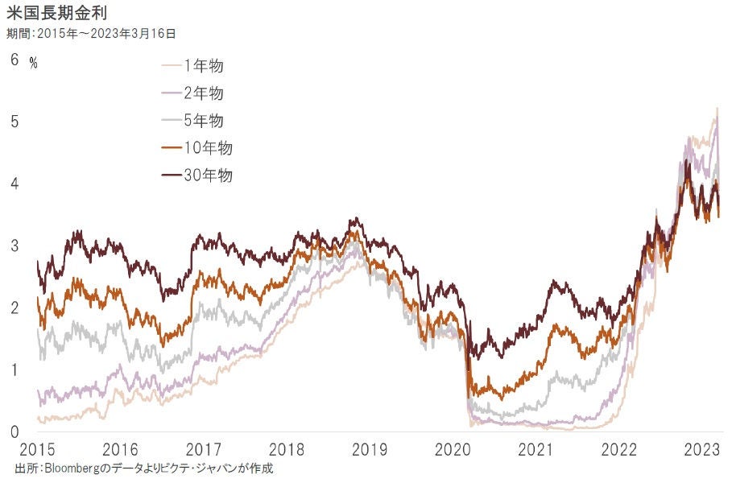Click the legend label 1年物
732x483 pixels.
coord(204,66)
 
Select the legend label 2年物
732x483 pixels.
coord(204,93)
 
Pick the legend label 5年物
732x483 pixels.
coord(204,121)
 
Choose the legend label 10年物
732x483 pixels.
coord(208,148)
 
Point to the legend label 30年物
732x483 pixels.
coord(208,175)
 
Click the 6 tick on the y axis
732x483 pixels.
coord(14,59)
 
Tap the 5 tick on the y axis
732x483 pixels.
coord(14,122)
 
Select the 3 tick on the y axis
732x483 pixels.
coord(14,246)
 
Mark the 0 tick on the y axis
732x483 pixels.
coord(14,432)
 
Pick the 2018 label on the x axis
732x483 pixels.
coord(287,449)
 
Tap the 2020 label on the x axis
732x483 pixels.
coord(454,449)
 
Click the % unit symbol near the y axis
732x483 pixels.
coord(34,62)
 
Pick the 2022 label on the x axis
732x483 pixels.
coord(622,449)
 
